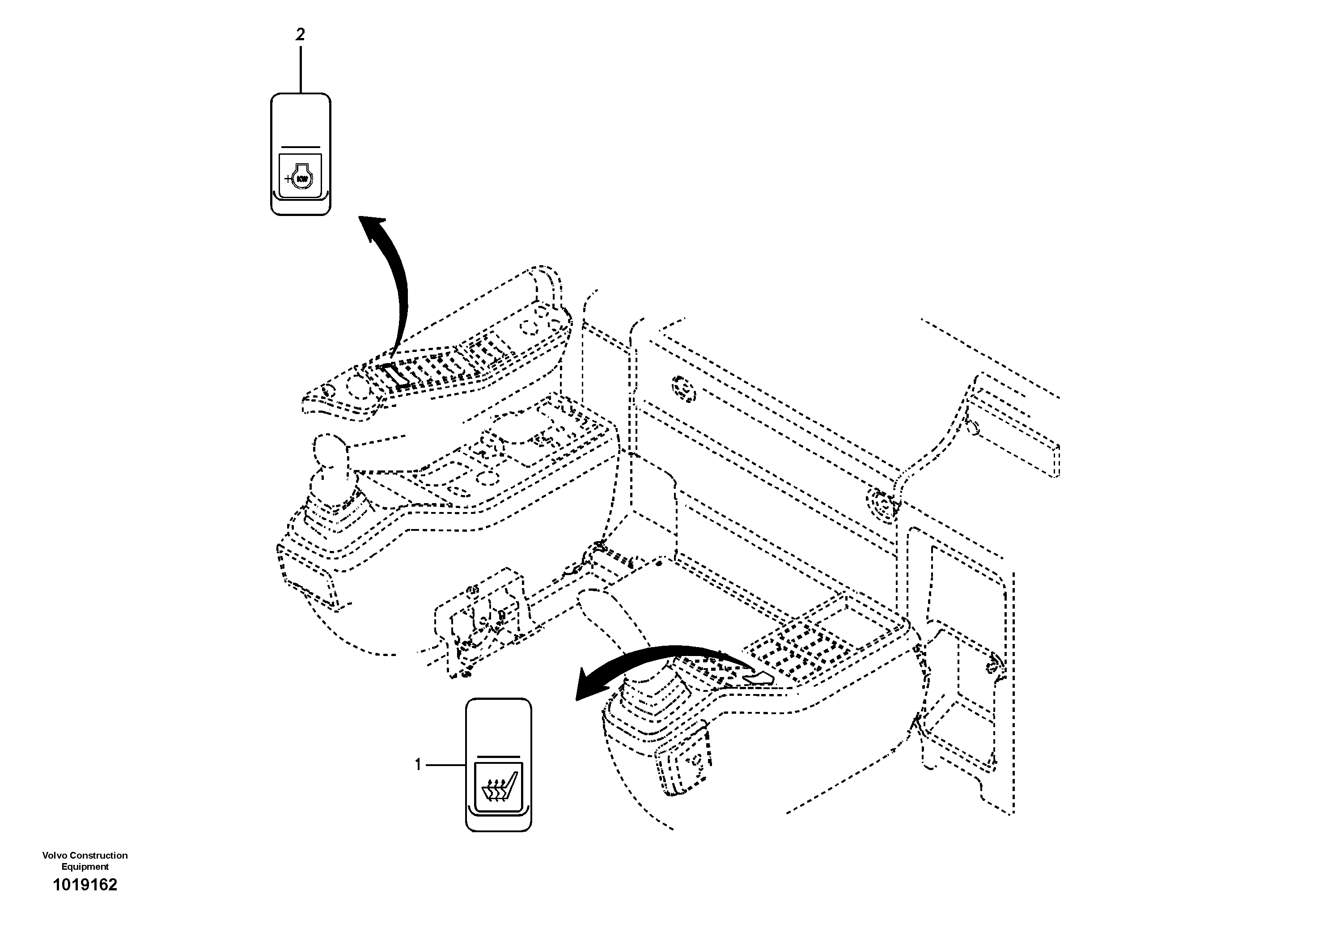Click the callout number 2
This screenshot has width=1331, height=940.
(300, 35)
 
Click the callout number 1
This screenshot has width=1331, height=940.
(417, 765)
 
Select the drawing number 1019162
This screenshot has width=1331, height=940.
(85, 901)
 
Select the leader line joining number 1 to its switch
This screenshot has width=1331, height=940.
(445, 765)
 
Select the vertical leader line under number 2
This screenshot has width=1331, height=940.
(300, 70)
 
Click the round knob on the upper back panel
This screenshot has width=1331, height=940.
(683, 388)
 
